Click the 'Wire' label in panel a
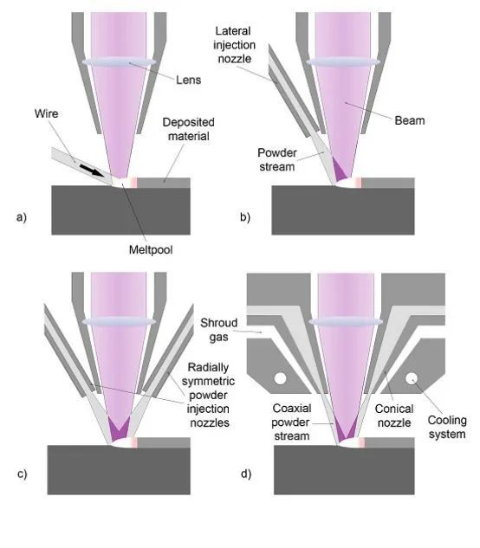46,113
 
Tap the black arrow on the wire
92,171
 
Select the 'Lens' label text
189,80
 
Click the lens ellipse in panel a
119,62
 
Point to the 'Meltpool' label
151,249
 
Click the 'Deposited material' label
189,129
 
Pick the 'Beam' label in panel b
410,120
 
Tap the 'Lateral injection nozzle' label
234,45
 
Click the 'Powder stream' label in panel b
276,159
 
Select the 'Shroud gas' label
218,330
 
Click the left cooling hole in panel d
280,378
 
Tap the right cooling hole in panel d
412,378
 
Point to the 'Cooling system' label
447,427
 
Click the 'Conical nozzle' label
394,416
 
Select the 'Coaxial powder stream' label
291,422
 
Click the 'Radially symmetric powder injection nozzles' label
209,395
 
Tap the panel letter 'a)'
22,217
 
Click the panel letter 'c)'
22,474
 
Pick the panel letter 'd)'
246,474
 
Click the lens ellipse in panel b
343,62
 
